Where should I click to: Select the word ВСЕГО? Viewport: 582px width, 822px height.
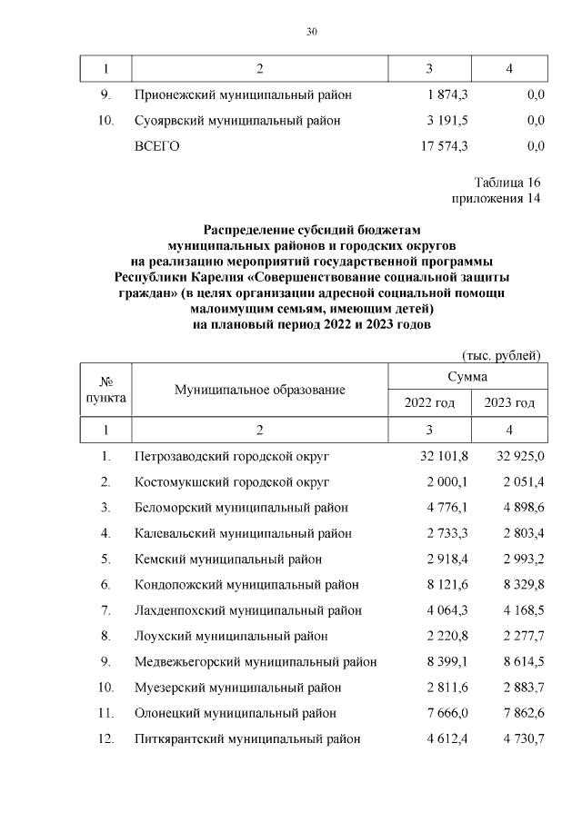click(x=157, y=146)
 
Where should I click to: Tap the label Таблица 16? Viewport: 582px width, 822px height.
click(x=507, y=182)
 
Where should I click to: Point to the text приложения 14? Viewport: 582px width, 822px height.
click(x=496, y=198)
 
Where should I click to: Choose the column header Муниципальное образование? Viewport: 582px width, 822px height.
click(x=260, y=390)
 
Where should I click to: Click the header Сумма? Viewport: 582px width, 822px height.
click(x=467, y=376)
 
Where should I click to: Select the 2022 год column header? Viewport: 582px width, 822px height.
click(x=429, y=402)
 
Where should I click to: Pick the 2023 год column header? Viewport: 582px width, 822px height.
click(x=509, y=402)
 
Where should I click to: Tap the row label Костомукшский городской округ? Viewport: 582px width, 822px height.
click(x=231, y=481)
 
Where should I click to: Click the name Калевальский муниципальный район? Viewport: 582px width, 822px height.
click(x=243, y=533)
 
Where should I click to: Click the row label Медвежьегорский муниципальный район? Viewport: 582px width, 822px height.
click(x=256, y=662)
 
